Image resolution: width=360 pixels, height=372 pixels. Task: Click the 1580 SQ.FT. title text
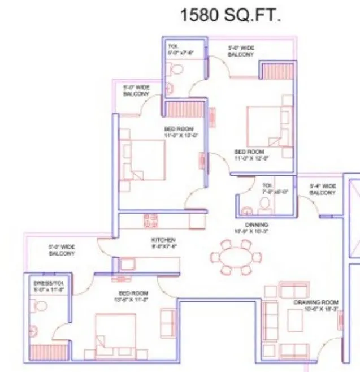tap(230, 15)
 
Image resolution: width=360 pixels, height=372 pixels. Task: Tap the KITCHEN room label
tap(164, 243)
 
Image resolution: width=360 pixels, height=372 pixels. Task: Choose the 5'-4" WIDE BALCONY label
tap(323, 189)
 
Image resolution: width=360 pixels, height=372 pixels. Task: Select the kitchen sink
tap(126, 264)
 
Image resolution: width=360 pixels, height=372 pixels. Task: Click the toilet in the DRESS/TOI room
tap(40, 306)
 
